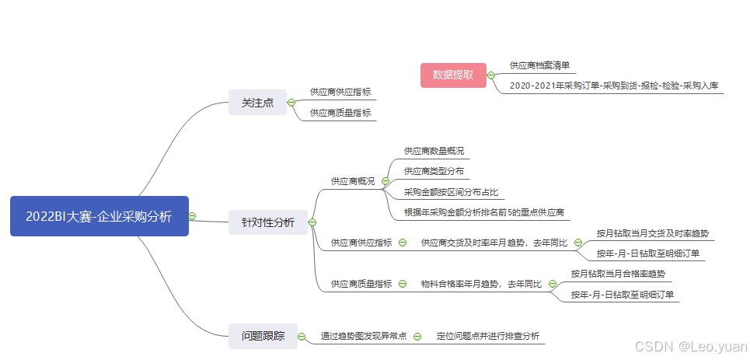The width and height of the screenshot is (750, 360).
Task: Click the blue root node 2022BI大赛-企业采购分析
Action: (x=99, y=216)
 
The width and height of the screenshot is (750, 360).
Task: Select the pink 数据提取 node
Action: (x=453, y=75)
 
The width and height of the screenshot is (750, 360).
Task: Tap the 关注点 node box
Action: (x=257, y=102)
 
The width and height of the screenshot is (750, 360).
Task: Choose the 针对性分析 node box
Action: (x=267, y=222)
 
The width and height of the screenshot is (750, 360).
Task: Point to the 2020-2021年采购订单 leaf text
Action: (x=616, y=86)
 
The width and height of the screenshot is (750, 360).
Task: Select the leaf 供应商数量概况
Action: (x=434, y=151)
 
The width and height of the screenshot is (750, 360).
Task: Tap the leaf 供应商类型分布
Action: (x=434, y=171)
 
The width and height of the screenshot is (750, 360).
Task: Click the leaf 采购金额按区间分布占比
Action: (x=451, y=192)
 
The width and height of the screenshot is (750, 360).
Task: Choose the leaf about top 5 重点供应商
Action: (x=483, y=212)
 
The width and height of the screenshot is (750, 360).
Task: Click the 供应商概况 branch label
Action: (x=353, y=181)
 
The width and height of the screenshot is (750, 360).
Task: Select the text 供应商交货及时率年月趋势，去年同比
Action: (x=494, y=243)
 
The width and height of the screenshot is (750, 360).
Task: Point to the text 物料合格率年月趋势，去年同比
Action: (x=481, y=284)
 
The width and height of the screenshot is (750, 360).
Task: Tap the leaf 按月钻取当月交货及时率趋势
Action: (x=652, y=232)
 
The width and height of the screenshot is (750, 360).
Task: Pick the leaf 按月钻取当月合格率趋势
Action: (x=618, y=274)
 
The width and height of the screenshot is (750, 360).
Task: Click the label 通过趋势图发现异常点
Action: (x=363, y=337)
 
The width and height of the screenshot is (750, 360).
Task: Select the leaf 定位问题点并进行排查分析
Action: (x=487, y=337)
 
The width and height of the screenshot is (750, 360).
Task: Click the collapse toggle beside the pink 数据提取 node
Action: (x=491, y=75)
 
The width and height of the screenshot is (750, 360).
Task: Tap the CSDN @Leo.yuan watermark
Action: (x=689, y=347)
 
